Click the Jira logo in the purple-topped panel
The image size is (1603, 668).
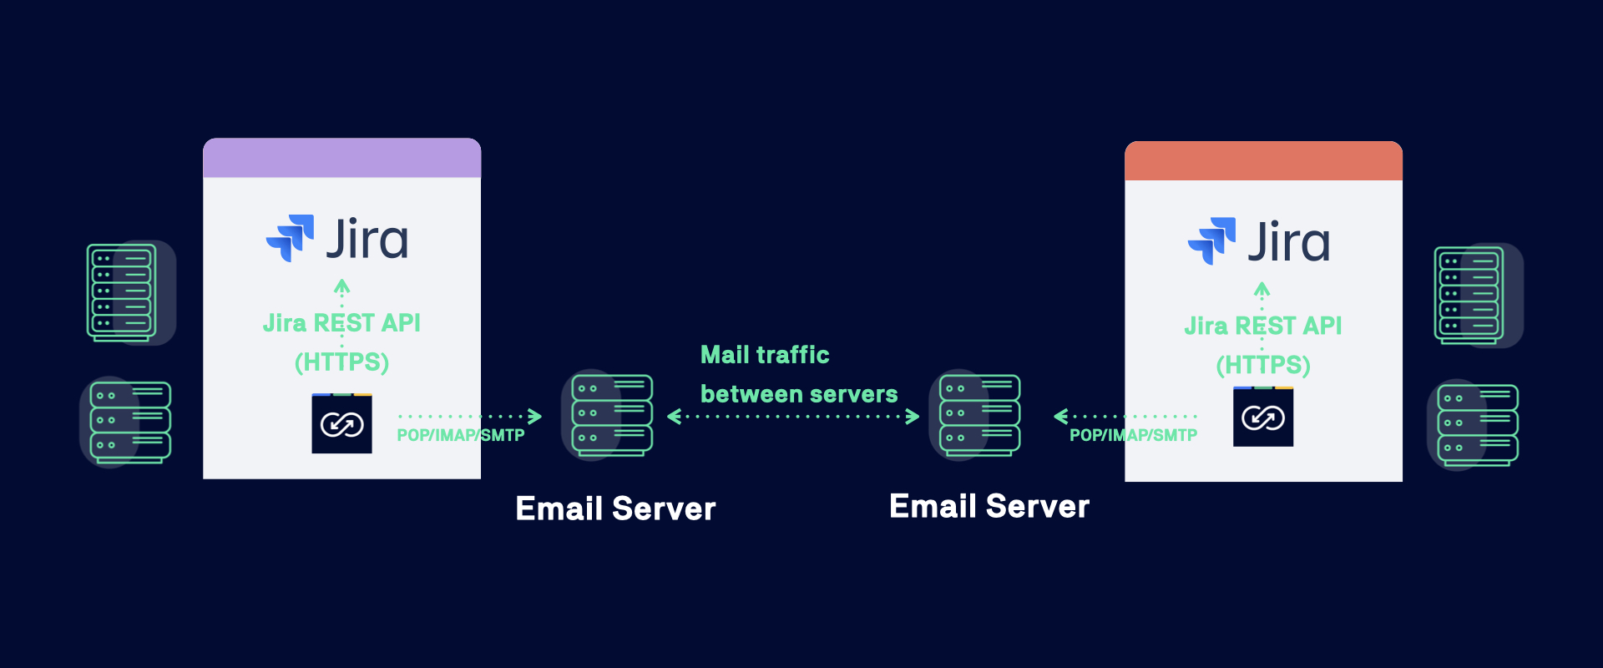click(337, 239)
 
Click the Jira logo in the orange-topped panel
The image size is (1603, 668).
click(1259, 241)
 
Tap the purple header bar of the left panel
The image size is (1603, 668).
click(341, 158)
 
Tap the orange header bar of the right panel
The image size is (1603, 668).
click(1263, 161)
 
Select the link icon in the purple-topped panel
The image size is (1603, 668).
click(341, 424)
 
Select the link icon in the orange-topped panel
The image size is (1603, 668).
click(1263, 417)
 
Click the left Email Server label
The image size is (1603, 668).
click(615, 509)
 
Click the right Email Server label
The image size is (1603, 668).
click(989, 506)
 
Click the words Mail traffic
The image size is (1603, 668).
click(765, 355)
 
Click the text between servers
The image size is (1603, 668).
click(799, 394)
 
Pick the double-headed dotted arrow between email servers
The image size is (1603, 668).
click(793, 416)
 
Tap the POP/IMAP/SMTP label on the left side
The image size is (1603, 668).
click(461, 435)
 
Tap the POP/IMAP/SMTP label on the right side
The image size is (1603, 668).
click(1133, 435)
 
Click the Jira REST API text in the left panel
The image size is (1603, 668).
click(341, 323)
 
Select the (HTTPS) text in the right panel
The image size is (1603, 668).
click(1263, 365)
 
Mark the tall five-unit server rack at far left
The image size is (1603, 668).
click(122, 292)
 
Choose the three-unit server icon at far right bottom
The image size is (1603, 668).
click(1477, 425)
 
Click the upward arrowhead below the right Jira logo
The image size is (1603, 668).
click(1262, 290)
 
